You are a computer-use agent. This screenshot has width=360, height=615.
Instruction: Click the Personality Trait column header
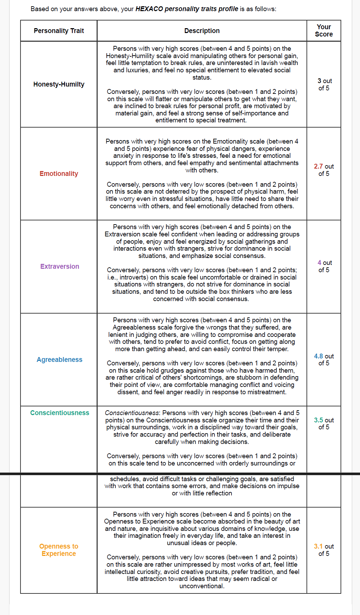pos(59,31)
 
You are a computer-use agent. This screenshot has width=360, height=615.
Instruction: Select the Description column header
pos(202,31)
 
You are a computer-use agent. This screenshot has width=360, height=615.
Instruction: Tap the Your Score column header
pos(324,31)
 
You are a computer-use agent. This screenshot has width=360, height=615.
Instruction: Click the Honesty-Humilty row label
pos(59,84)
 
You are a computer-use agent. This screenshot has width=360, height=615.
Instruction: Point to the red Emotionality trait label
pos(59,174)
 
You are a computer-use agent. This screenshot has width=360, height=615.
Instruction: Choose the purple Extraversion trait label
pos(59,267)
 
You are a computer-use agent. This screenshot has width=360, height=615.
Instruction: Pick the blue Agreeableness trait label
pos(59,360)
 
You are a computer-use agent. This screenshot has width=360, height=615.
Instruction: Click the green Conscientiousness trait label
pos(59,413)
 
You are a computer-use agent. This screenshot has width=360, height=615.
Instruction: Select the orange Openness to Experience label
pos(59,550)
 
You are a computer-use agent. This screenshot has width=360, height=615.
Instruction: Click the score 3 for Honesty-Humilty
pos(319,81)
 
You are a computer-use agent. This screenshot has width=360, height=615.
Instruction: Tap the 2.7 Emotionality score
pos(318,167)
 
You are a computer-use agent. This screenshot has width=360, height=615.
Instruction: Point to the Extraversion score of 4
pos(319,263)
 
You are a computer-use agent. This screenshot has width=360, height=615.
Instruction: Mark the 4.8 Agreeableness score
pos(318,356)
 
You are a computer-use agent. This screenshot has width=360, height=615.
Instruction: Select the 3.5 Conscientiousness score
pos(318,420)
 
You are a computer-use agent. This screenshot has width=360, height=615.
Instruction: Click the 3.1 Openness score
pos(318,547)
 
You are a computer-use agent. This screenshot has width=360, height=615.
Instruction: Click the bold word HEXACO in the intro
pos(149,9)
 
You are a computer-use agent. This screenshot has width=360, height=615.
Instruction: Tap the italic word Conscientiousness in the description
pos(132,413)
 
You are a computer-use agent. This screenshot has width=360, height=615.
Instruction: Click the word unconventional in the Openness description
pos(201,586)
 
